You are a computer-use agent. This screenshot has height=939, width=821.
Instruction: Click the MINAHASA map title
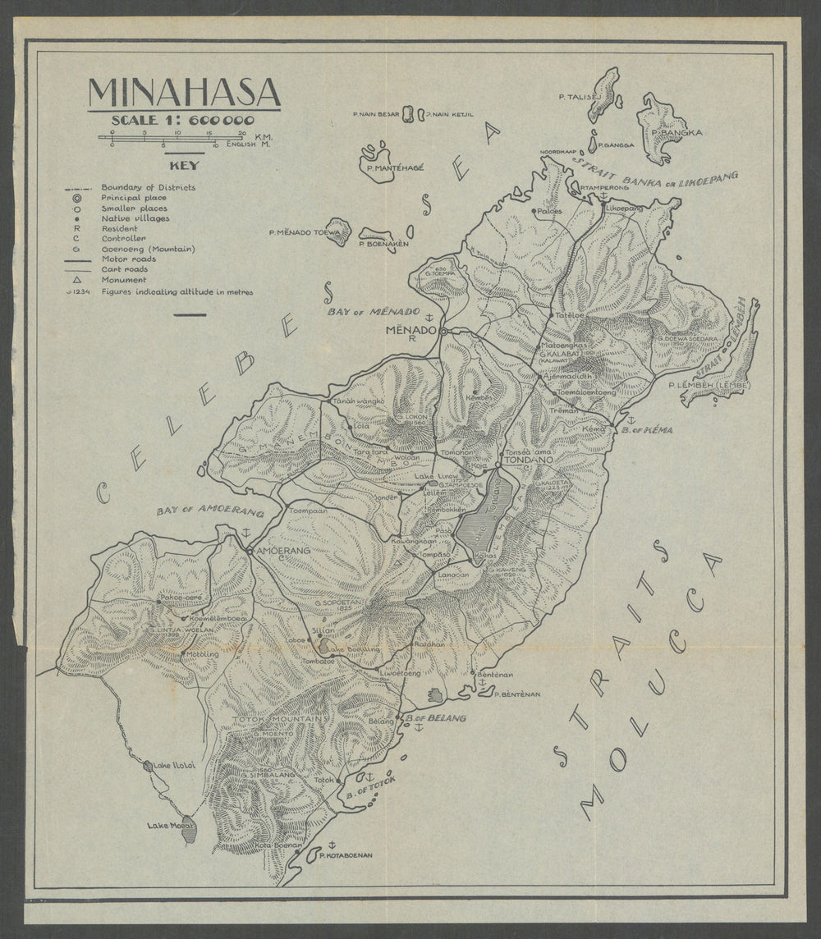click(184, 93)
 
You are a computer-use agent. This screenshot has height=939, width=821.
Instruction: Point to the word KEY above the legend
click(184, 164)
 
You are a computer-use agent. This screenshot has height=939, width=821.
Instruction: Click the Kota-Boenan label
click(275, 845)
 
